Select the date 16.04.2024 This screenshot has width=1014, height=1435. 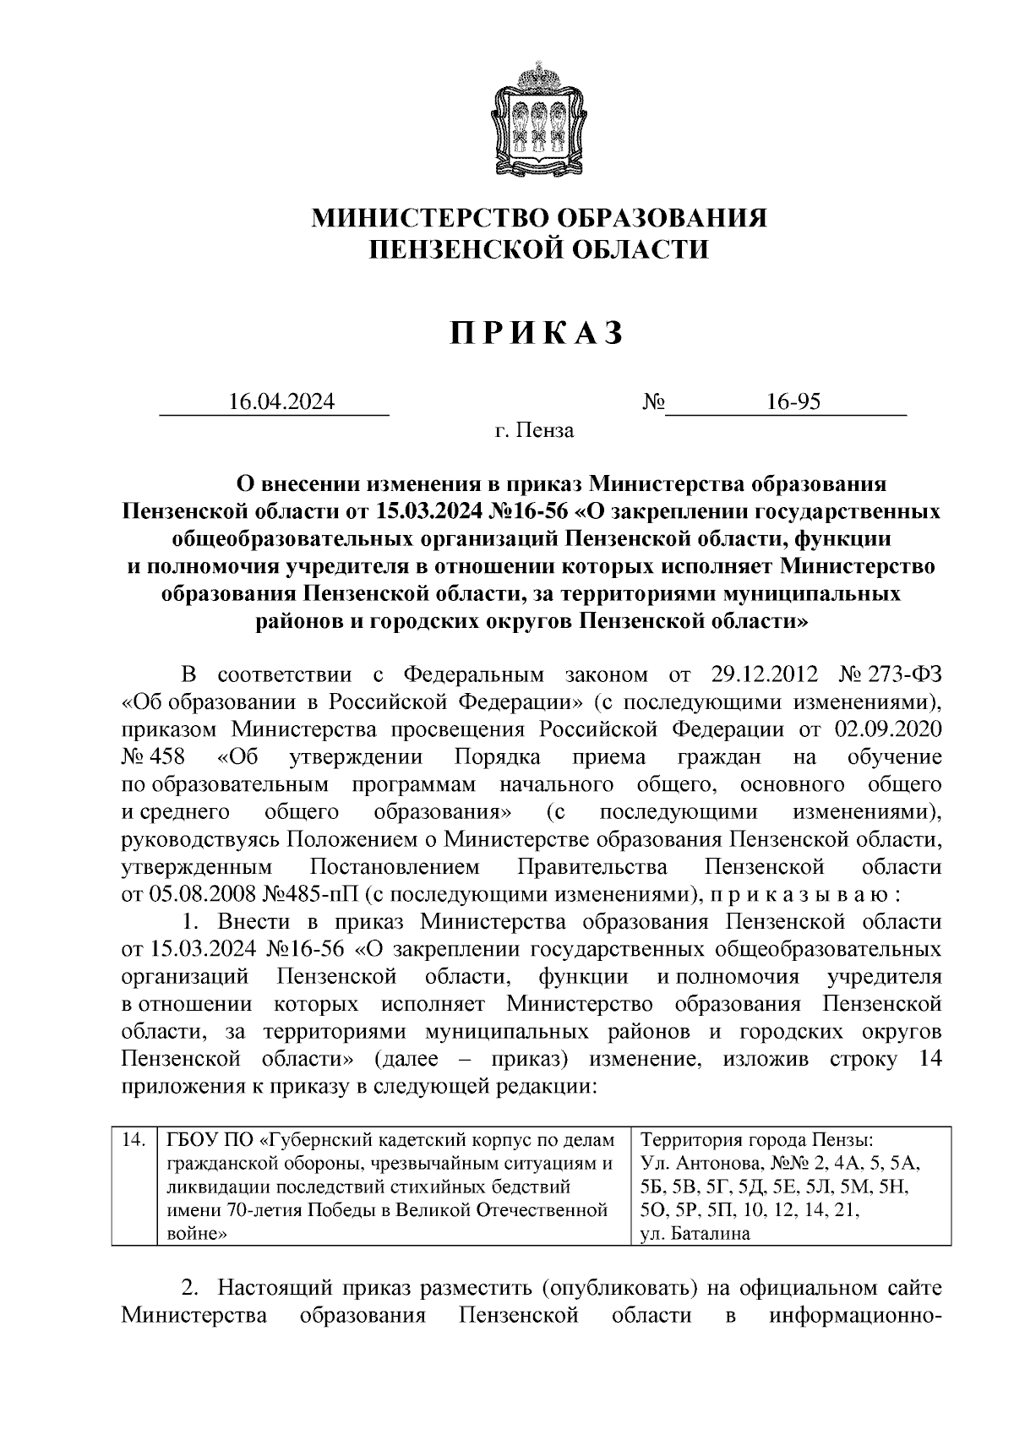pos(281,402)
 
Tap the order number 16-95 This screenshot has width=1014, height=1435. pos(793,402)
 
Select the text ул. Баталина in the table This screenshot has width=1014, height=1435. pos(695,1234)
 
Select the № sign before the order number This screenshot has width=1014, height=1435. pos(653,402)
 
